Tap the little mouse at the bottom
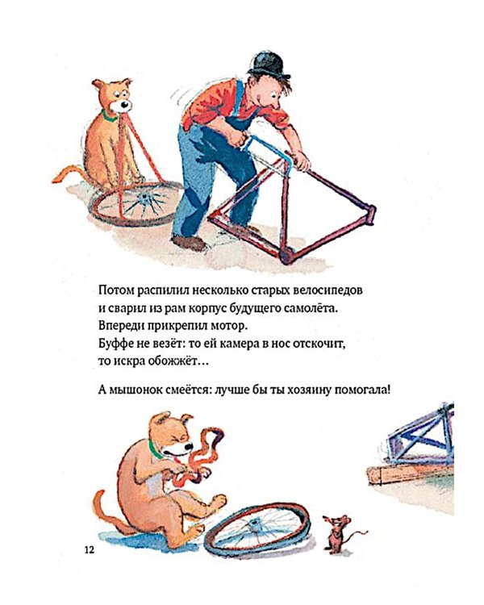tap(333, 529)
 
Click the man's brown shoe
tap(190, 242)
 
